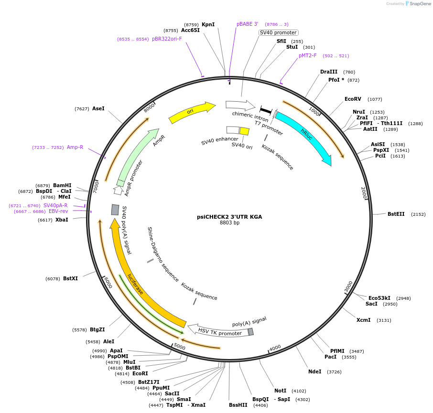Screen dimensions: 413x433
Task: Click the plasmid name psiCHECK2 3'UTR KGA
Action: click(229, 217)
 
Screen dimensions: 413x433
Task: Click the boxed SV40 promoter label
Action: click(279, 32)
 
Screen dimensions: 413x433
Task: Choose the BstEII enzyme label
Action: click(396, 214)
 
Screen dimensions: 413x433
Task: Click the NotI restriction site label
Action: click(280, 391)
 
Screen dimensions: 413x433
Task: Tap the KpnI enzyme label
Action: click(208, 24)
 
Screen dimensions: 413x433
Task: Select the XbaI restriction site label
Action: click(62, 220)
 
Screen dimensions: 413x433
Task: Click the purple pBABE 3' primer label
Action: click(247, 24)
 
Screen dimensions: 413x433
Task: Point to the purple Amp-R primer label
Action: click(75, 148)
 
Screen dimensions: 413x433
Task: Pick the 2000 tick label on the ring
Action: click(364, 193)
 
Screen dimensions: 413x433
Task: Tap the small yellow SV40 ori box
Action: click(244, 131)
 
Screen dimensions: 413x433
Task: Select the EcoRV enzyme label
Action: click(353, 99)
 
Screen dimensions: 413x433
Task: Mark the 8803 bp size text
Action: click(229, 223)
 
